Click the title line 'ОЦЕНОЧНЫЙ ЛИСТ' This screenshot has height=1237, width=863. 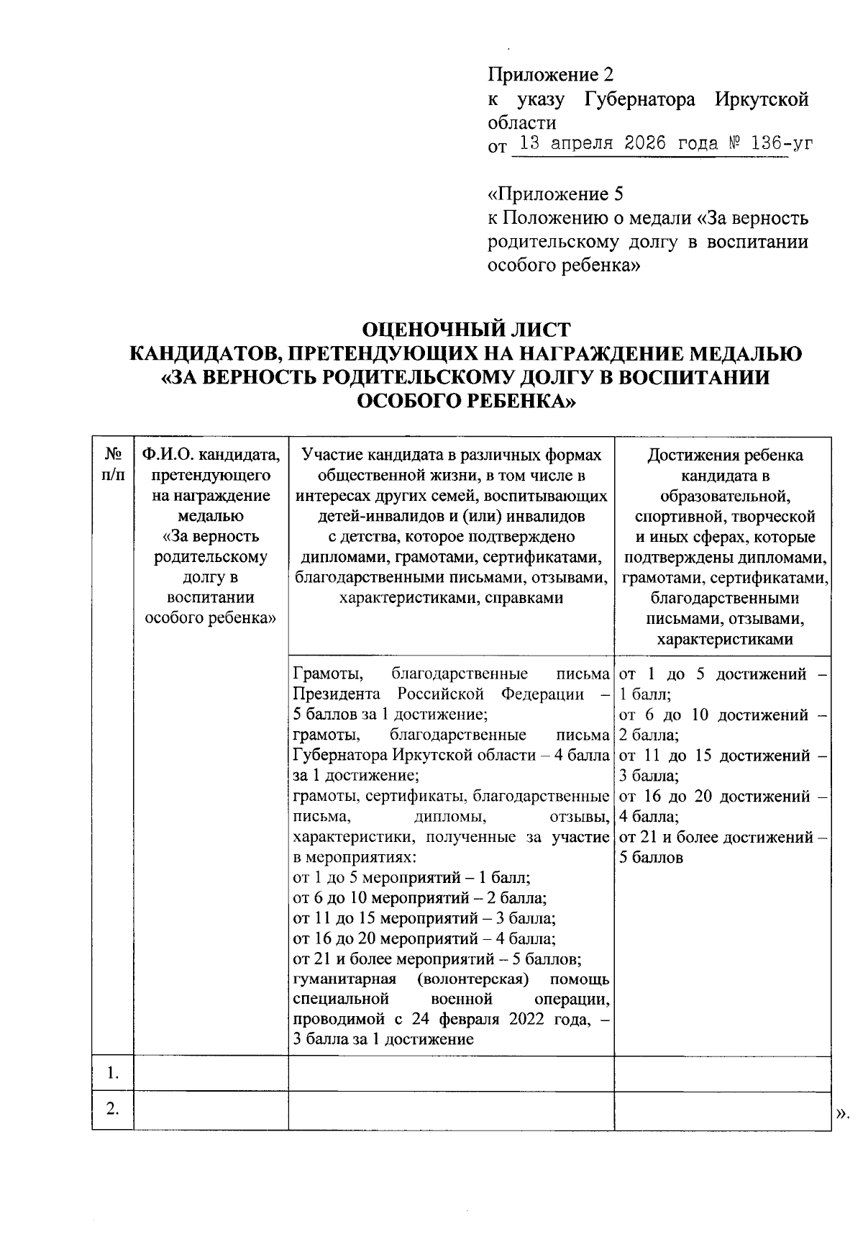tap(465, 330)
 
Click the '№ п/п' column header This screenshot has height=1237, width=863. tap(113, 465)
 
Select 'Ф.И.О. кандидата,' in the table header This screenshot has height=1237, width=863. tap(211, 455)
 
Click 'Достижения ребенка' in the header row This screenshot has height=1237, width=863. tap(725, 455)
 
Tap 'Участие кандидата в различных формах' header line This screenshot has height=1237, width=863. tap(451, 455)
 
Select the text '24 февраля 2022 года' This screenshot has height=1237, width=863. tap(499, 1020)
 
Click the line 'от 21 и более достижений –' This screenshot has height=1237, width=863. tap(722, 837)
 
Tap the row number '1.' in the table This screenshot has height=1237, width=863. tap(113, 1074)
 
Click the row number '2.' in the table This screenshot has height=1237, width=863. tap(113, 1109)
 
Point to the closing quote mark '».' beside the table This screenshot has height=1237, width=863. tap(843, 1114)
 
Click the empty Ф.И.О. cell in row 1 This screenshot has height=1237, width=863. tap(211, 1074)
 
